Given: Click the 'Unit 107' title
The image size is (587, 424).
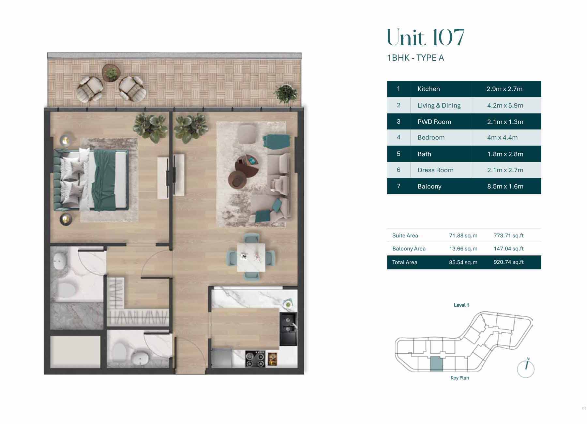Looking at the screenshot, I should point(425,38).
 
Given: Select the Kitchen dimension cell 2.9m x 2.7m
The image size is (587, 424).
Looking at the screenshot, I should point(504,89).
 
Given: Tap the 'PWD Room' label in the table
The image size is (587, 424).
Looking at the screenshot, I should point(434,122).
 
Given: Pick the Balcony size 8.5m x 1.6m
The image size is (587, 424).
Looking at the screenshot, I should point(505,187).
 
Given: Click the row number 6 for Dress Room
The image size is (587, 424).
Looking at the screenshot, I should point(398,170).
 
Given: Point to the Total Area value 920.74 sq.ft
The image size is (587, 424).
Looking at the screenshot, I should point(508,262).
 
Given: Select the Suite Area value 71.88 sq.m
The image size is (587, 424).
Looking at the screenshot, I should point(463,235).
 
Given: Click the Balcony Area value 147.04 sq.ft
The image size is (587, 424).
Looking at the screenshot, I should point(508,249).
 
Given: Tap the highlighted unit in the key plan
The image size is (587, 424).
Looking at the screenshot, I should point(436,364).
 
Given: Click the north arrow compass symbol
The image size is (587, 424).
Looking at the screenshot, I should point(526,369).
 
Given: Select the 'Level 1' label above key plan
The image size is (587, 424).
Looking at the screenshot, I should point(461,305).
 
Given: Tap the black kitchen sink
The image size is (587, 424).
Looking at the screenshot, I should point(288,329).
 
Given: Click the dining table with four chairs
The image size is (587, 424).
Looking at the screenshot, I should point(251,257).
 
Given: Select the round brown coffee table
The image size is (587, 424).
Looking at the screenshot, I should point(237,179).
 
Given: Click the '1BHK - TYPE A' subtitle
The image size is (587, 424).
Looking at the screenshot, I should point(415,58).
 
